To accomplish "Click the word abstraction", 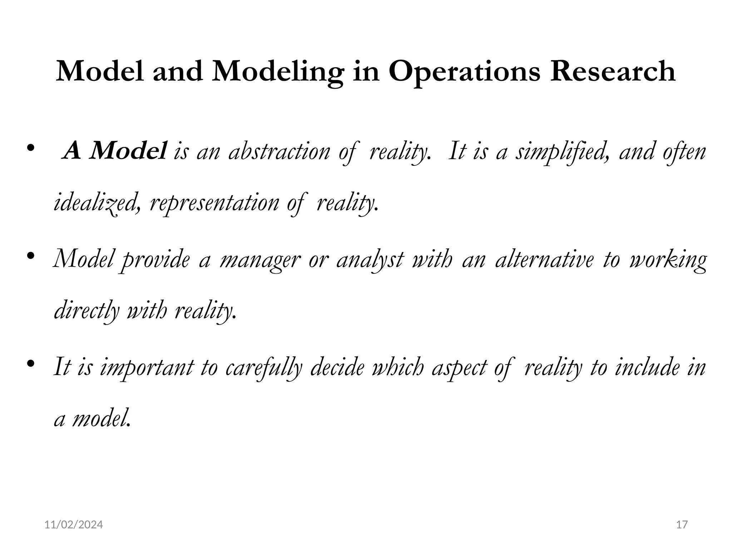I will tap(279, 151).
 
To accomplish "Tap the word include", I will tap(647, 367).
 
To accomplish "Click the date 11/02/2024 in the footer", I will tap(74, 525).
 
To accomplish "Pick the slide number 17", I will tap(682, 525).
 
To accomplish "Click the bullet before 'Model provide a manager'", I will tap(30, 256).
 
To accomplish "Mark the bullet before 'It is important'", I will tap(30, 364).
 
